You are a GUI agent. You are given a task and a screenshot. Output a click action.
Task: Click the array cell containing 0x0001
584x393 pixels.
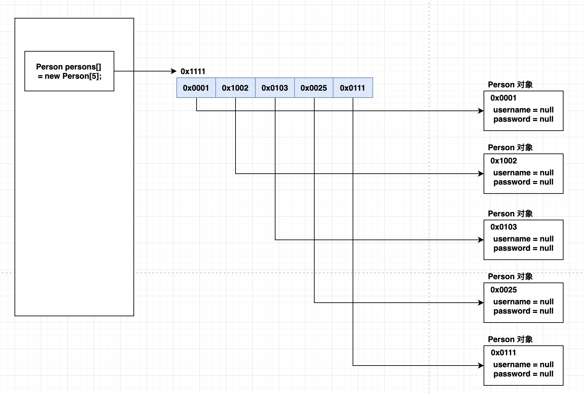point(196,88)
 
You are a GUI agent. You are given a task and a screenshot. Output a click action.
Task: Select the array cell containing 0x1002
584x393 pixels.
point(236,88)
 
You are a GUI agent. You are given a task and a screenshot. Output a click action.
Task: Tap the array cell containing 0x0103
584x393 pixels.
point(275,88)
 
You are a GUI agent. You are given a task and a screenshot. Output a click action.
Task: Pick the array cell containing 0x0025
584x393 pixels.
point(314,88)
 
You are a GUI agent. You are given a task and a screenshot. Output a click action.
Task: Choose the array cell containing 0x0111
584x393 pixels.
point(353,88)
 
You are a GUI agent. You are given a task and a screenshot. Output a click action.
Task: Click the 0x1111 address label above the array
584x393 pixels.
point(193,71)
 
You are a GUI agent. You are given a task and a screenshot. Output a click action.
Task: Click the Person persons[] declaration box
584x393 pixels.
point(69,71)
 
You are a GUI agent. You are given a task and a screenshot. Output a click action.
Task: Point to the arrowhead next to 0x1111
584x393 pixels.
point(174,71)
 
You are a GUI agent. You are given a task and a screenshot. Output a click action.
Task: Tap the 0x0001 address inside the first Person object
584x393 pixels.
point(503,98)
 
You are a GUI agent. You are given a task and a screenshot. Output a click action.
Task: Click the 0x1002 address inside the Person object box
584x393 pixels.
point(503,161)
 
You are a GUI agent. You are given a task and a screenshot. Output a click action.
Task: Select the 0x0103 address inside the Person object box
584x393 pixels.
point(503,227)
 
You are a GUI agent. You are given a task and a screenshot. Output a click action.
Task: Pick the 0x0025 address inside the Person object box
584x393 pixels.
point(503,290)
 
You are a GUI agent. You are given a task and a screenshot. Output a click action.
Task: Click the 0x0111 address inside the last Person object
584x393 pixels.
point(503,353)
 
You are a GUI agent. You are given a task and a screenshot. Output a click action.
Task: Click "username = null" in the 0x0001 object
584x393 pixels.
point(524,110)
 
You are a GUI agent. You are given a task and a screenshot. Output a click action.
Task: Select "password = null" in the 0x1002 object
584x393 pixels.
point(524,182)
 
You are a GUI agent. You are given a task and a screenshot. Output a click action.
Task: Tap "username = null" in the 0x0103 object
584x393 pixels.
point(524,239)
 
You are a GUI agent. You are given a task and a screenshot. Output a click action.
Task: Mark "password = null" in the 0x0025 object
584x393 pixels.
point(524,311)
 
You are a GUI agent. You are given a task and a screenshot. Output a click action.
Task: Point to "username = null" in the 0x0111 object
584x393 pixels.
point(524,365)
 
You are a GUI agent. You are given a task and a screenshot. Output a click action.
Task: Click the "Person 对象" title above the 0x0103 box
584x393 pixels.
point(510,214)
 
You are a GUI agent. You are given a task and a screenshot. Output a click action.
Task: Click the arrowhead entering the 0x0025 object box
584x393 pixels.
point(481,303)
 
